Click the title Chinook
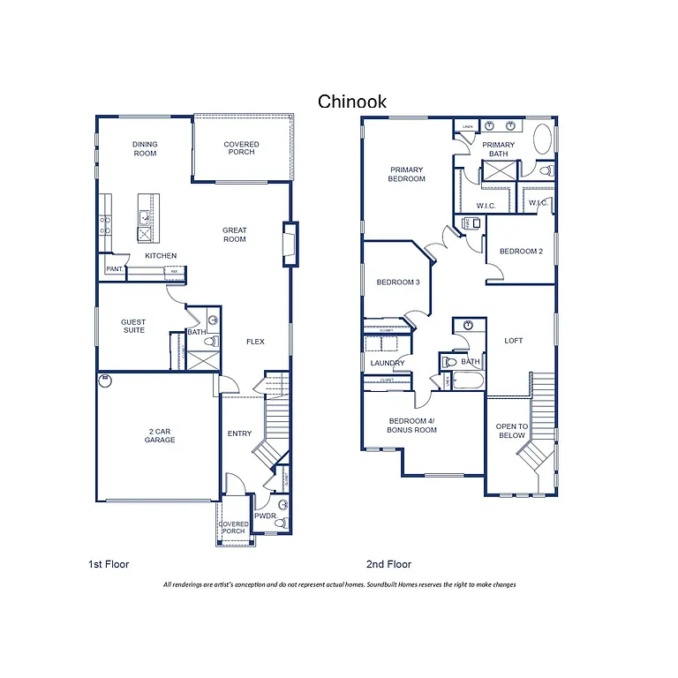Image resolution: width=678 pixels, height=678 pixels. click(351, 102)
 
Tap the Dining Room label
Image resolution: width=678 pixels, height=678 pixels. click(145, 148)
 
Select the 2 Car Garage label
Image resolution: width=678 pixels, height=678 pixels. click(161, 435)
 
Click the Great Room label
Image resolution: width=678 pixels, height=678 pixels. click(235, 235)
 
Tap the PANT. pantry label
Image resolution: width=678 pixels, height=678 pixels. click(114, 268)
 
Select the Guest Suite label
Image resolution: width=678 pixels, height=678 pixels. click(133, 327)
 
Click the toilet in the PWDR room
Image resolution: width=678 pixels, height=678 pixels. click(280, 523)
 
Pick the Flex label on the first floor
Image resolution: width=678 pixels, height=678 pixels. click(255, 342)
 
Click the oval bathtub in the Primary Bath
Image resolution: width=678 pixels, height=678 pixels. click(543, 139)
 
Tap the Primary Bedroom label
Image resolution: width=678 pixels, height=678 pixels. click(406, 174)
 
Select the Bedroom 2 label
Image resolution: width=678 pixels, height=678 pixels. click(521, 252)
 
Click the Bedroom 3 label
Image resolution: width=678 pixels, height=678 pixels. click(397, 282)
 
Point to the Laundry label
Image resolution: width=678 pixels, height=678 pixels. click(388, 363)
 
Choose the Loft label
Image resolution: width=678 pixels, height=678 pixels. click(514, 340)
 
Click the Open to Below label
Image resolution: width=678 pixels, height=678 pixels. click(512, 431)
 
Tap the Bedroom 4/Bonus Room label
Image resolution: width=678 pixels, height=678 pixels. click(411, 425)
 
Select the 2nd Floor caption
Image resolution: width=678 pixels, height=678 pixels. click(388, 564)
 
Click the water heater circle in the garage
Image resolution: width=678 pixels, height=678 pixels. click(106, 381)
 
